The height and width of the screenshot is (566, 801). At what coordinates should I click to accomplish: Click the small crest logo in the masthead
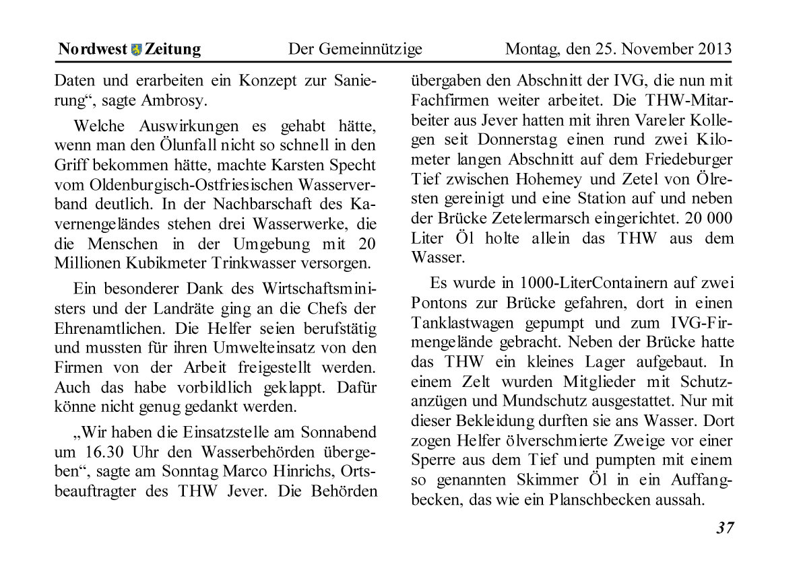point(136,49)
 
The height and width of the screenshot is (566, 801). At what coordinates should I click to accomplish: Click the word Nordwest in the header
point(92,49)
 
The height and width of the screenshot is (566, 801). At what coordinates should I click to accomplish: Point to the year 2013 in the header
point(715,49)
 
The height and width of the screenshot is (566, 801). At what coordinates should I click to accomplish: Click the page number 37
point(725,528)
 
